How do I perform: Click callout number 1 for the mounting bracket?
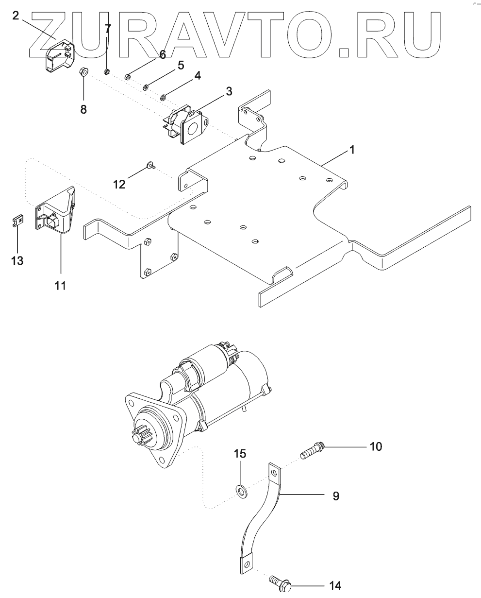352,151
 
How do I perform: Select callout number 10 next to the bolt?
376,446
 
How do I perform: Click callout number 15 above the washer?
240,454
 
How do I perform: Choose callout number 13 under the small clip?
17,261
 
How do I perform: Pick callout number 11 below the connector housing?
60,286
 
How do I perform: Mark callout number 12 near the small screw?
119,184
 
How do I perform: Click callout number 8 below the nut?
83,109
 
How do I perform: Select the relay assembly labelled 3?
187,124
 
